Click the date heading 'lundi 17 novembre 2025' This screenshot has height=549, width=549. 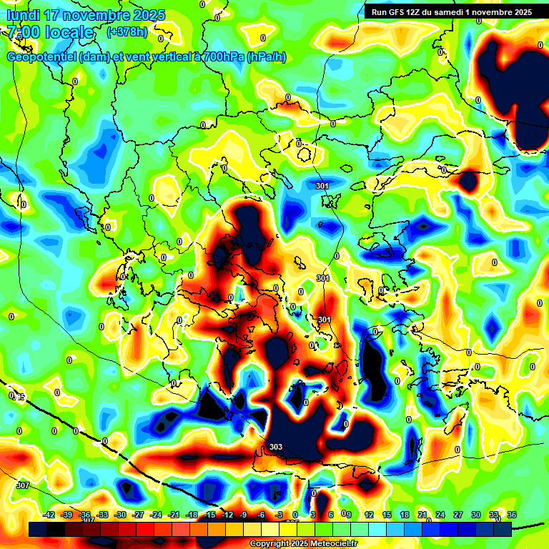pyautogui.click(x=86, y=15)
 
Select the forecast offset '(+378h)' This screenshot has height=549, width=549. pyautogui.click(x=127, y=32)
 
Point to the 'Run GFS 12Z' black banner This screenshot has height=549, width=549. pyautogui.click(x=452, y=11)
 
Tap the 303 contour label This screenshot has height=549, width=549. pyautogui.click(x=276, y=447)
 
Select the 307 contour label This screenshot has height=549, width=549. pyautogui.click(x=22, y=485)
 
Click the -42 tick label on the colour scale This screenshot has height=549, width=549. pyautogui.click(x=49, y=515)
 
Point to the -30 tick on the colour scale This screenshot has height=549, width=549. pyautogui.click(x=120, y=515)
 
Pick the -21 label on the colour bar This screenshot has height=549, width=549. pyautogui.click(x=174, y=515)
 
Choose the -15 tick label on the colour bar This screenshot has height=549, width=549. pyautogui.click(x=209, y=515)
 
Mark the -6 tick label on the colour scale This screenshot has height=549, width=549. pyautogui.click(x=262, y=515)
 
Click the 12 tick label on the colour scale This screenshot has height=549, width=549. pyautogui.click(x=369, y=515)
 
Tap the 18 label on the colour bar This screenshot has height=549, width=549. pyautogui.click(x=405, y=515)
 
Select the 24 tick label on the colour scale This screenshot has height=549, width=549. pyautogui.click(x=440, y=515)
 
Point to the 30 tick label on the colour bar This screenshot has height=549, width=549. pyautogui.click(x=475, y=515)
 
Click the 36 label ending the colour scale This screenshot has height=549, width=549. pyautogui.click(x=511, y=515)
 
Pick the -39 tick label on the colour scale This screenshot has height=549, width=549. pyautogui.click(x=67, y=515)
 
